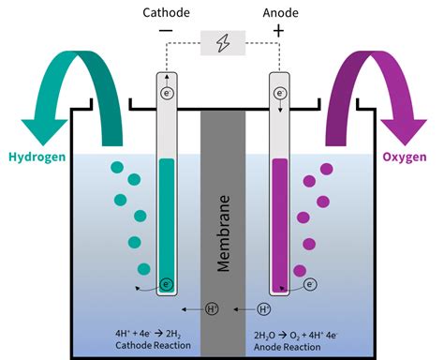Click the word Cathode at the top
point(166,12)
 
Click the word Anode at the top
point(278,12)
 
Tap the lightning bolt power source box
point(222,44)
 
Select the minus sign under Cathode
point(166,32)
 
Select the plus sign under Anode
point(278,32)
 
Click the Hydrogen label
point(38,157)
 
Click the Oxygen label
point(406,157)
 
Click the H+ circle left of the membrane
point(212,308)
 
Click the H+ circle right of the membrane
point(263,308)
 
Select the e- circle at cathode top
point(167,94)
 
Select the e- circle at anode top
point(279,94)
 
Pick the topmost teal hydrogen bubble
point(117,167)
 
